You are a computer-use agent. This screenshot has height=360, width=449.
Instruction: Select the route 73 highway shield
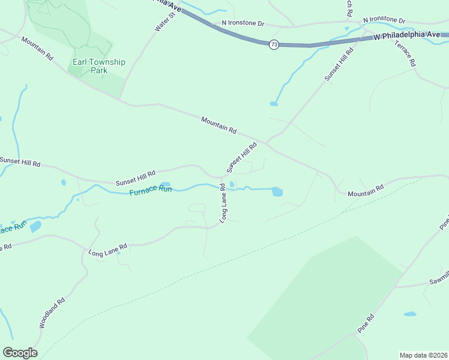274,45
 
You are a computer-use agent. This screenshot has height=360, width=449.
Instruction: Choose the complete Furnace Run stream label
151,190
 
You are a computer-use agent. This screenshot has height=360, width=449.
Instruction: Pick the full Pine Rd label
366,324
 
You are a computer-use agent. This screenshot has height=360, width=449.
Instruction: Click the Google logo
20,353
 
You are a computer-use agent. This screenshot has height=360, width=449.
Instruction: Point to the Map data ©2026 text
423,355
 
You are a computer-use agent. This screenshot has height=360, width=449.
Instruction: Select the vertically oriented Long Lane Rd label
223,203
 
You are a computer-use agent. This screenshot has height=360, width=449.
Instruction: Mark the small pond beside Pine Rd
410,314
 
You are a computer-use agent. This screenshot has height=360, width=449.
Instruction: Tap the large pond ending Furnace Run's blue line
277,192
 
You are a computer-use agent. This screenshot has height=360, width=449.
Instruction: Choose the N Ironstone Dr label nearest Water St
243,23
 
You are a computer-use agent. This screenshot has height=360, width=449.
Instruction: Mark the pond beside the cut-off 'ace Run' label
35,226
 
